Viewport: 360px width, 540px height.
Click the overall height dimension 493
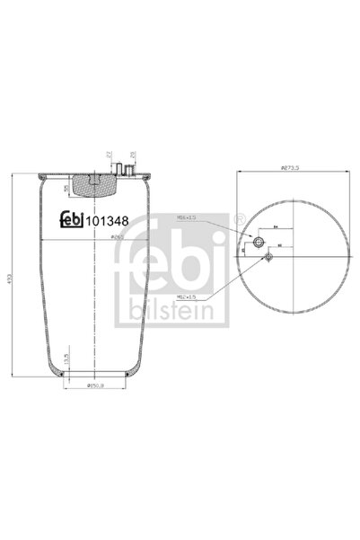[x=11, y=278]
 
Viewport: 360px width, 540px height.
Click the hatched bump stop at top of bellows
[x=93, y=183]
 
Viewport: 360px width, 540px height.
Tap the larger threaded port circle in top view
[x=259, y=243]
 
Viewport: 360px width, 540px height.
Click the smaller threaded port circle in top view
[x=268, y=258]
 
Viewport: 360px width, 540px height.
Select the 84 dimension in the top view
[x=276, y=229]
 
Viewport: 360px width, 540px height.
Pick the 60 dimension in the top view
[x=280, y=244]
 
